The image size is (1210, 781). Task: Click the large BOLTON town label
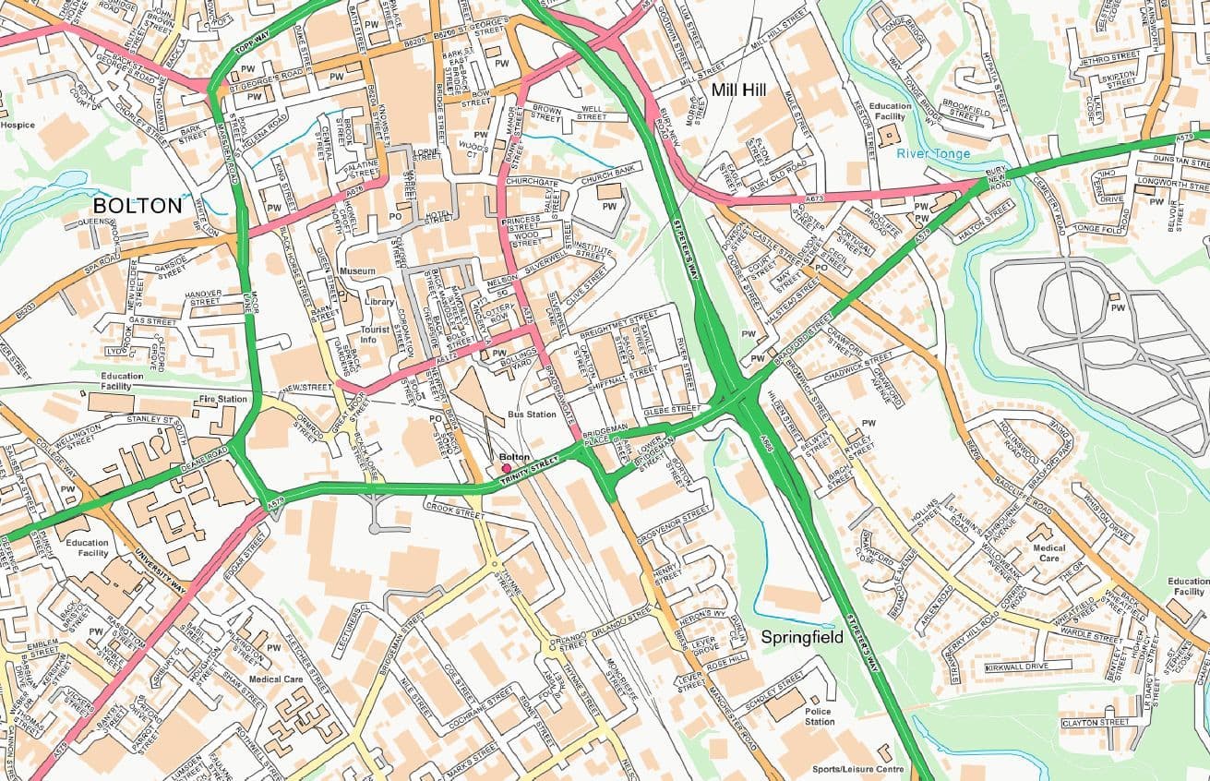[138, 205]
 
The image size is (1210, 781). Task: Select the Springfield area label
[801, 637]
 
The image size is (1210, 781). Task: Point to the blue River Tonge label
[933, 153]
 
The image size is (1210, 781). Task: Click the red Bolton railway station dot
[506, 468]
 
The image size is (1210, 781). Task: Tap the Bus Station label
[531, 415]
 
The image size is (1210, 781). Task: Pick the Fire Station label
[222, 399]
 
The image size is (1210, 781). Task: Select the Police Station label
[819, 716]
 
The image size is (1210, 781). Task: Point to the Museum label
[357, 271]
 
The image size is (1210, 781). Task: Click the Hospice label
[18, 125]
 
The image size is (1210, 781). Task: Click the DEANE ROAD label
[204, 456]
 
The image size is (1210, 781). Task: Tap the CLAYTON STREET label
[1096, 722]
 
